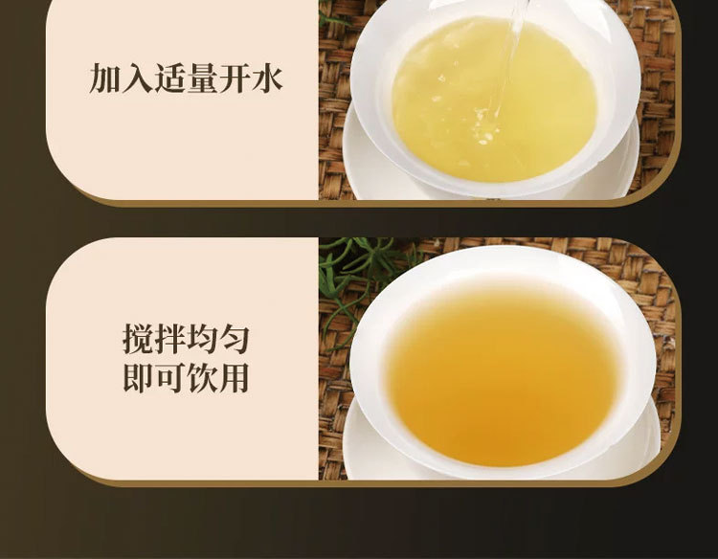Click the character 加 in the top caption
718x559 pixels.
[x=105, y=78]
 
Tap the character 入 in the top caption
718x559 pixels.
[x=137, y=78]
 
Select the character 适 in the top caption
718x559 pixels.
[x=169, y=78]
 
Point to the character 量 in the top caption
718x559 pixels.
[x=202, y=78]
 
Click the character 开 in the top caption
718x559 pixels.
[x=235, y=78]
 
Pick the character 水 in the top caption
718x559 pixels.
[x=267, y=78]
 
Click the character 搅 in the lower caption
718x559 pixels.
[x=138, y=339]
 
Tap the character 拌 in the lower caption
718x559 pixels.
[x=169, y=339]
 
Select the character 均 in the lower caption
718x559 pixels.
[x=202, y=339]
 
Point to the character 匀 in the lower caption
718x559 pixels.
[x=234, y=339]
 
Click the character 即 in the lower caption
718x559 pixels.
[x=138, y=378]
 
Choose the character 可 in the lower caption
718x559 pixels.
[x=169, y=378]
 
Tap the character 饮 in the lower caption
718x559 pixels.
[x=202, y=378]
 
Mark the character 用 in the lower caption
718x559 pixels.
[x=234, y=378]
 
